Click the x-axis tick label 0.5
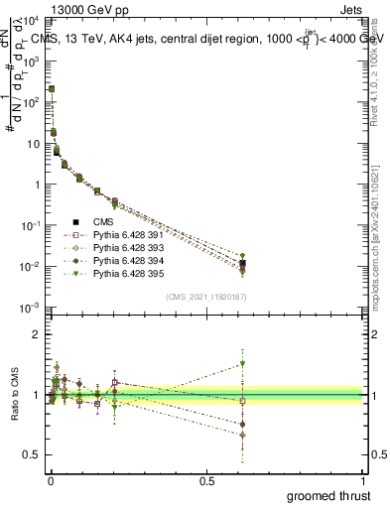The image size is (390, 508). click(x=206, y=480)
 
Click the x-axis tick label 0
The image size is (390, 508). click(x=51, y=480)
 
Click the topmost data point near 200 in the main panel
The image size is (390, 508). click(x=52, y=89)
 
